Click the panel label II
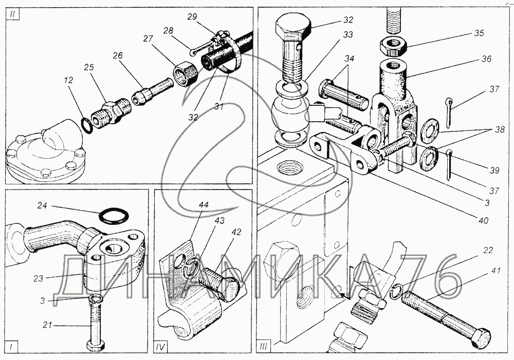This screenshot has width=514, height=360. [12, 15]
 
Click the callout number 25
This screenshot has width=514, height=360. [89, 67]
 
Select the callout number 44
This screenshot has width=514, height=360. [204, 205]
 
